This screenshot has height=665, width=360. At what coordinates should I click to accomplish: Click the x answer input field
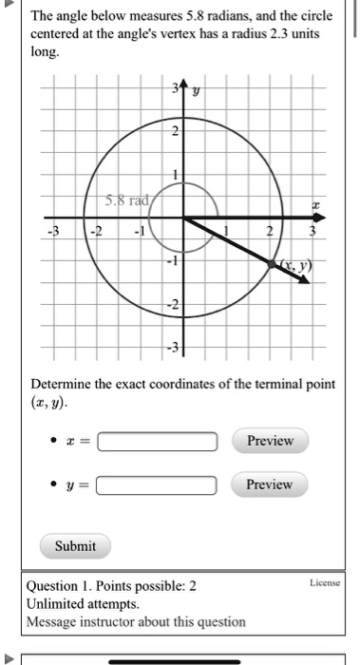(158, 442)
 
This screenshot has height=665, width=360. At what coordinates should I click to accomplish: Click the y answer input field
(158, 485)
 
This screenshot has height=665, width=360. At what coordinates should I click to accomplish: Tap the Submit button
(76, 546)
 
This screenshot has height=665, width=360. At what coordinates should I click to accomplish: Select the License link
(324, 582)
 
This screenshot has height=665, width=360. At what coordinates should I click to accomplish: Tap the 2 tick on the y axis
(175, 132)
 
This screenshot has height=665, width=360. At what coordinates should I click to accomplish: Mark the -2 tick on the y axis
(173, 304)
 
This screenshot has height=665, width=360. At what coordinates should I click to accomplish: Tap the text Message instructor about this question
(136, 622)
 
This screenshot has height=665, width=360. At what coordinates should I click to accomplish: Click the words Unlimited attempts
(84, 604)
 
